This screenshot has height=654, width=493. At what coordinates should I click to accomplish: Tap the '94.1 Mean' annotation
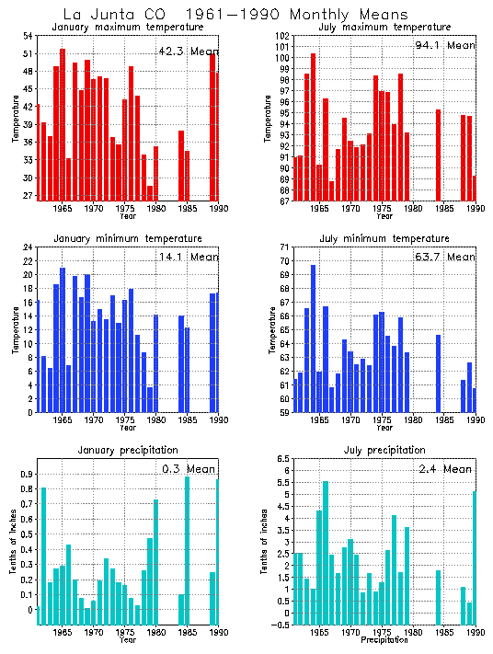pyautogui.click(x=445, y=45)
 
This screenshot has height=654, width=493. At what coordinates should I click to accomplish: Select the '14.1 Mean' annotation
pyautogui.click(x=186, y=258)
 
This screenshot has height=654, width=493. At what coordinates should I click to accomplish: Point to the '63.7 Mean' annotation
pyautogui.click(x=444, y=258)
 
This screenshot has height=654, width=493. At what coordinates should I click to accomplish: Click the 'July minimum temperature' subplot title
pyautogui.click(x=384, y=239)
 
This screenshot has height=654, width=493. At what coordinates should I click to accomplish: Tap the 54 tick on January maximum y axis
pyautogui.click(x=27, y=36)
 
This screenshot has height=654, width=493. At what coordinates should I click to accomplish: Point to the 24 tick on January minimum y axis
pyautogui.click(x=27, y=247)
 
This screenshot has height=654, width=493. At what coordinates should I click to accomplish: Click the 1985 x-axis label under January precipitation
pyautogui.click(x=187, y=633)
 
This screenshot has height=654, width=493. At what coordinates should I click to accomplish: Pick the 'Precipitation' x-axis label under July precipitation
pyautogui.click(x=384, y=640)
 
